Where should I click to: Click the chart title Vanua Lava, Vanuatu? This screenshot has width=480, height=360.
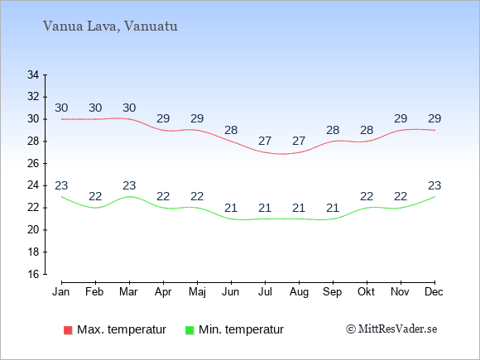[110, 26]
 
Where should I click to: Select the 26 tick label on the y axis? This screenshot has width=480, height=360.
[33, 163]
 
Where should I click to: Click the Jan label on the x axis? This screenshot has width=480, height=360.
[61, 292]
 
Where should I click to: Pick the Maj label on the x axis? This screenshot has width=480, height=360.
[197, 292]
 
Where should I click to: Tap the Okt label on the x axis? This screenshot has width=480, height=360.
[366, 292]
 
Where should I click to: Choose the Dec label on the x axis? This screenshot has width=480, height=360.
[434, 292]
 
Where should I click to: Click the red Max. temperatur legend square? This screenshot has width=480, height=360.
[68, 330]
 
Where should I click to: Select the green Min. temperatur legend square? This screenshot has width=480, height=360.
[190, 330]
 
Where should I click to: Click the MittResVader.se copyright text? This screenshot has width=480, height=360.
[391, 329]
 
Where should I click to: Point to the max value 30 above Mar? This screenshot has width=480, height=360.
[129, 108]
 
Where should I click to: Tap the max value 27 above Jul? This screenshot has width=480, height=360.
[265, 142]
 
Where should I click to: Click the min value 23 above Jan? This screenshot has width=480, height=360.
[61, 185]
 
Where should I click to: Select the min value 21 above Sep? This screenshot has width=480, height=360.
[333, 209]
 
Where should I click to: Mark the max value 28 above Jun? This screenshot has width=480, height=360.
[231, 130]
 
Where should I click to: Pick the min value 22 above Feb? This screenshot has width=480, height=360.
[95, 196]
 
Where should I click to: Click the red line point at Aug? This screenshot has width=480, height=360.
[299, 152]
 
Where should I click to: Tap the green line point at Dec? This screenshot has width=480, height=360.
[434, 197]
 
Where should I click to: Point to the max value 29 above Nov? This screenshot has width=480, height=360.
[401, 118]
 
